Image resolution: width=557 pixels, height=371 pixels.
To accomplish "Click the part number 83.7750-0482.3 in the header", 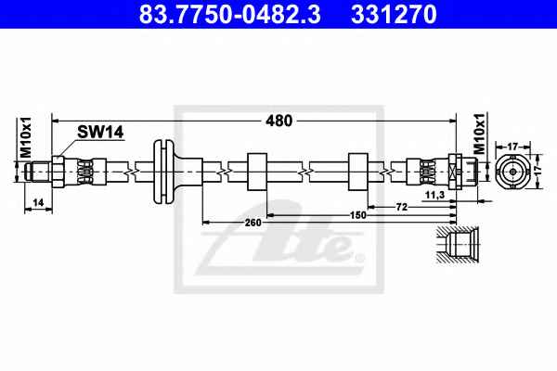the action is click(x=229, y=14).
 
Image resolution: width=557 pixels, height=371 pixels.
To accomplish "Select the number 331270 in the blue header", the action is click(x=394, y=14).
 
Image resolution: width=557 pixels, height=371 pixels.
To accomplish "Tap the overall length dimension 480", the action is click(x=278, y=121).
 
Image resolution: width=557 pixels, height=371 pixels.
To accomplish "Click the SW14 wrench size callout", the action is click(x=100, y=132).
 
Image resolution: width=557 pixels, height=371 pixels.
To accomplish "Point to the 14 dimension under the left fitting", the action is click(x=38, y=202).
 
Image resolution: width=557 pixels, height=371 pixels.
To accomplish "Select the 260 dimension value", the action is click(x=253, y=223).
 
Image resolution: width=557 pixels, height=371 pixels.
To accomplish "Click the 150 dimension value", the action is click(x=357, y=215).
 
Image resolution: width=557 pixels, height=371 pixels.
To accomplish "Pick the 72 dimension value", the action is click(x=402, y=207).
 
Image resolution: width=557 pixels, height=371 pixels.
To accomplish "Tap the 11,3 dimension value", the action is click(x=435, y=195).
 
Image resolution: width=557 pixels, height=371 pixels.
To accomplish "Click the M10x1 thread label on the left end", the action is click(x=26, y=137).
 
